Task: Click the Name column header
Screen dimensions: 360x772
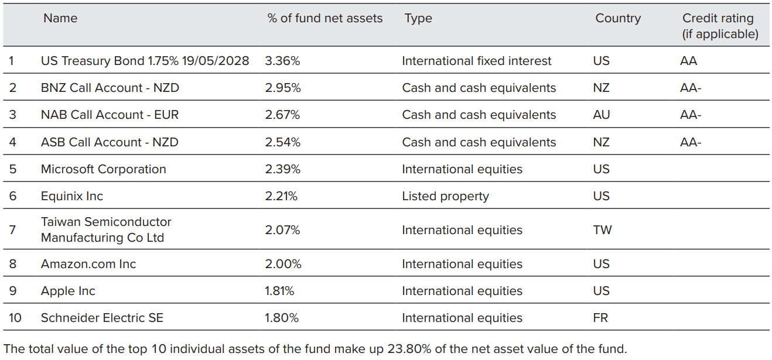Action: pos(60,18)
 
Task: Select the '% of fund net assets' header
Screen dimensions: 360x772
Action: pos(324,18)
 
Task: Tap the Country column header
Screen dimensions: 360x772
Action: pos(618,18)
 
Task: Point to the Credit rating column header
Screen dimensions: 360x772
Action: pos(720,26)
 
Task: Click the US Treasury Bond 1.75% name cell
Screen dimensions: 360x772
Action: pos(145,61)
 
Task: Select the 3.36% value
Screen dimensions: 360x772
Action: pos(282,61)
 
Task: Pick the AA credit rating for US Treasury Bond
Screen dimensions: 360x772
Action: pos(688,61)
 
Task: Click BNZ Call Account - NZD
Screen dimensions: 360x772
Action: pos(110,88)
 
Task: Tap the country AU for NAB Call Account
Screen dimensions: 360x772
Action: pos(601,115)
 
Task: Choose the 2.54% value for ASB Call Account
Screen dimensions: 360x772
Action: pos(282,142)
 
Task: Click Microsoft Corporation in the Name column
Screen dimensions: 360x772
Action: pos(103,169)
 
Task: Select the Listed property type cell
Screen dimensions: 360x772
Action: pos(445,196)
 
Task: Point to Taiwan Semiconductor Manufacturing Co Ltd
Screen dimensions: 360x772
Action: pos(106,230)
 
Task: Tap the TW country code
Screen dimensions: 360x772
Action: pos(602,230)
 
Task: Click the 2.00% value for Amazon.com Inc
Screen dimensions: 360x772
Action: pos(283,264)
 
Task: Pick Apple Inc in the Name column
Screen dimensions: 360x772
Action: pos(68,291)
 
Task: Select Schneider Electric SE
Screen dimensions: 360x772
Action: pos(102,318)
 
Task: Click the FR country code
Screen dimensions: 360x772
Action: pos(600,318)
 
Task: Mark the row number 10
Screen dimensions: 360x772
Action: pos(15,318)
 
